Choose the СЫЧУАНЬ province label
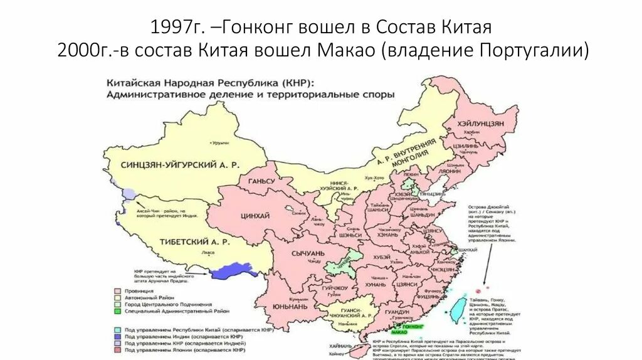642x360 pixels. coord(307,253)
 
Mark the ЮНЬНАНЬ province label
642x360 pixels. coord(290,307)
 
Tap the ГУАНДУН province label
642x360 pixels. coord(397,312)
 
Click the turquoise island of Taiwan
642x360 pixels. coord(460,305)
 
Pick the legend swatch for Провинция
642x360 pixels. coord(116,292)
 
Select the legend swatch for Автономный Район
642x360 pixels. coord(116,298)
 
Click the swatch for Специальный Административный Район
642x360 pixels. coord(116,311)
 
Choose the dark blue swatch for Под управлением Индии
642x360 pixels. coord(116,337)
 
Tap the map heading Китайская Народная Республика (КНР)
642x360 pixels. coord(211,82)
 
